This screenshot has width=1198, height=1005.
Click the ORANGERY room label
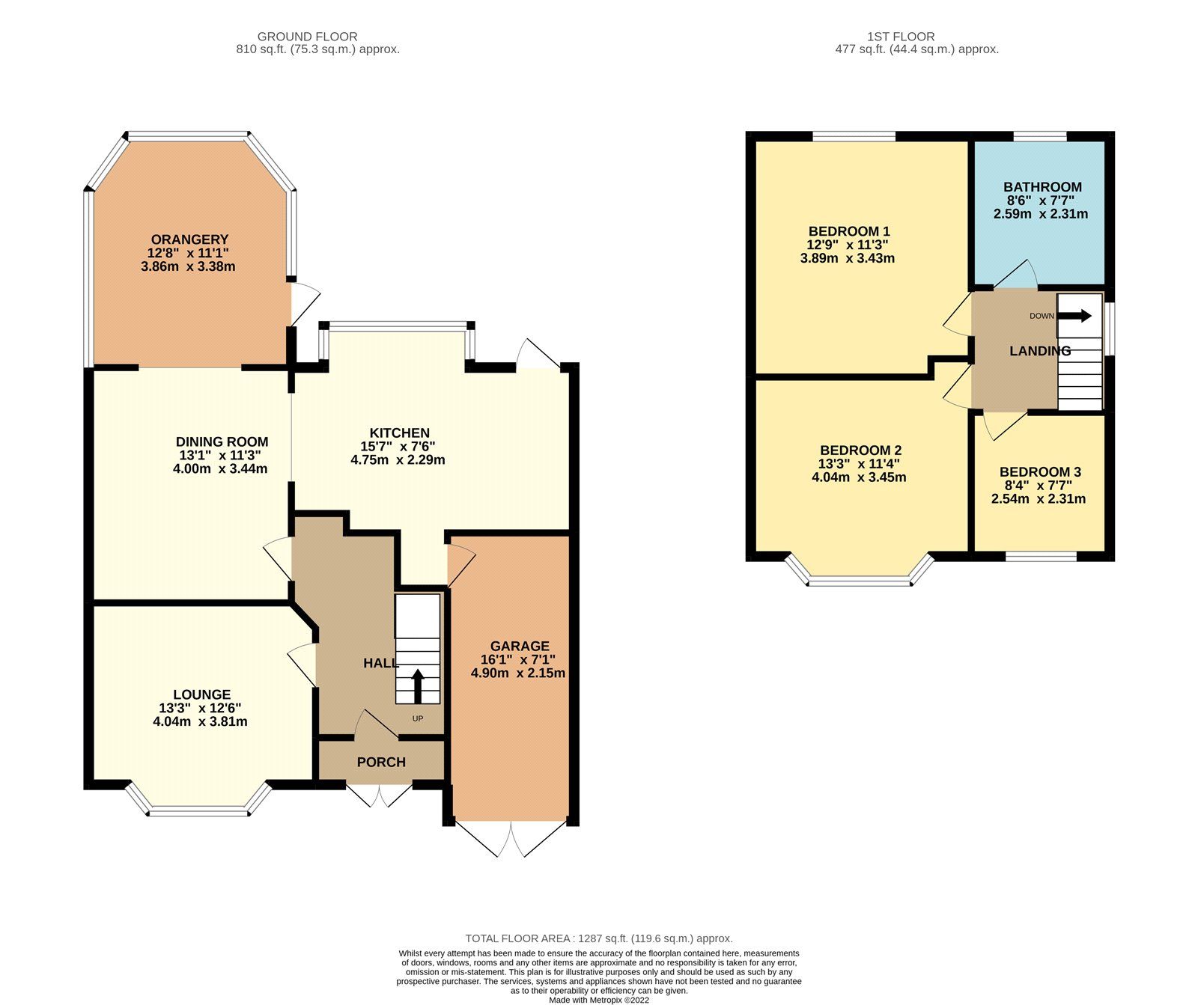click(x=189, y=239)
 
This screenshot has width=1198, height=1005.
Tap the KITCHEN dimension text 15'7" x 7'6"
click(x=398, y=446)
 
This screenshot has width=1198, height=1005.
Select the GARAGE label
click(x=520, y=646)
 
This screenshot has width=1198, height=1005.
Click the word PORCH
click(x=381, y=762)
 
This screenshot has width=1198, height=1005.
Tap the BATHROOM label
click(x=1042, y=187)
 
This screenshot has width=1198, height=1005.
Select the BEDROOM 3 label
click(x=1040, y=472)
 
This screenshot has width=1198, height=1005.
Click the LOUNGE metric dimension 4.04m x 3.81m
click(x=200, y=722)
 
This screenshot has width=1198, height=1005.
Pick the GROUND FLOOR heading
click(x=307, y=36)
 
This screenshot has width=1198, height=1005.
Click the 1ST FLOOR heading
click(x=901, y=36)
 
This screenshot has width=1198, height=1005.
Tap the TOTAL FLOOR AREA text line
click(x=599, y=938)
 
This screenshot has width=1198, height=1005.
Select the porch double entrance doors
click(x=380, y=796)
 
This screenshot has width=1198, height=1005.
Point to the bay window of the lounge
click(x=198, y=810)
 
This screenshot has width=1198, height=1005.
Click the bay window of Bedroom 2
click(x=860, y=580)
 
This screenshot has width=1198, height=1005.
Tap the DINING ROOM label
click(x=222, y=442)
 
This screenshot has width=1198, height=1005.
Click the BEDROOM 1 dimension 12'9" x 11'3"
click(x=848, y=245)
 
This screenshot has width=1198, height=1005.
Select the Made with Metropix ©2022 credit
click(x=599, y=1000)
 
